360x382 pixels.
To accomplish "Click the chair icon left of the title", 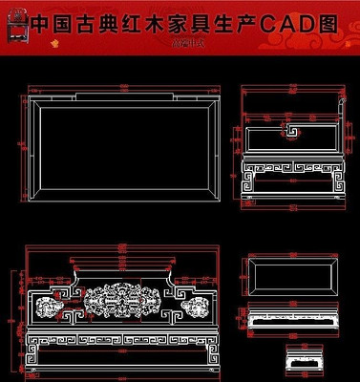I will pos(14,28).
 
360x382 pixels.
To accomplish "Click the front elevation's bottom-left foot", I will pos(36,364).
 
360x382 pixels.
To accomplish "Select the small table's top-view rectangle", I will pos(291,277).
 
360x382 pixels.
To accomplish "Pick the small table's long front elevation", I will pos(291,321).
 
